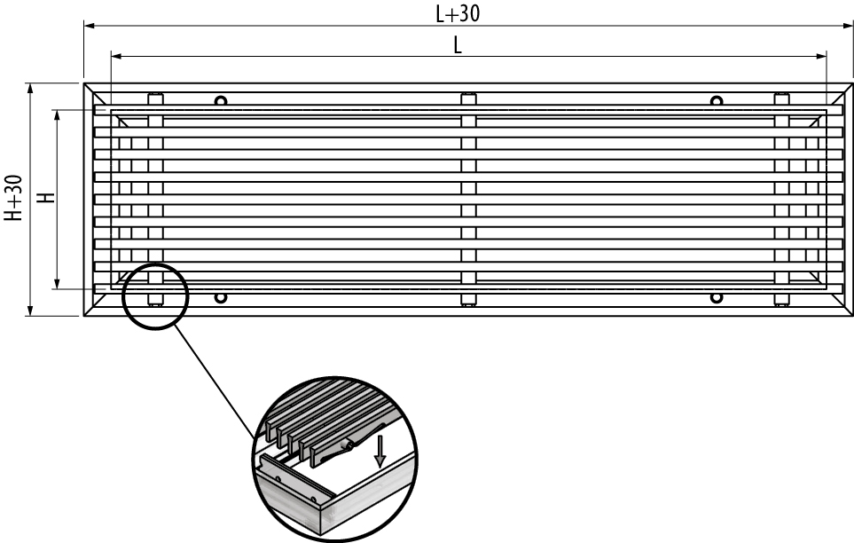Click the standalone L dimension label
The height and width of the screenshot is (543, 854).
[x=458, y=46]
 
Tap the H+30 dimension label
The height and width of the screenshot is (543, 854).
[x=12, y=198]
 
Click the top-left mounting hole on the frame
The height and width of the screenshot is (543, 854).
[x=221, y=100]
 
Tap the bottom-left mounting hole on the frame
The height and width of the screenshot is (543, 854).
[x=221, y=298]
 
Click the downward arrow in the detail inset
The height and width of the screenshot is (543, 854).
[x=380, y=452]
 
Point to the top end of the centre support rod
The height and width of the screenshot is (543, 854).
[x=468, y=95]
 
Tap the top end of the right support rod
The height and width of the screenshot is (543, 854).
[x=781, y=95]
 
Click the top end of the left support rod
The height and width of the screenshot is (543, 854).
[x=155, y=95]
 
